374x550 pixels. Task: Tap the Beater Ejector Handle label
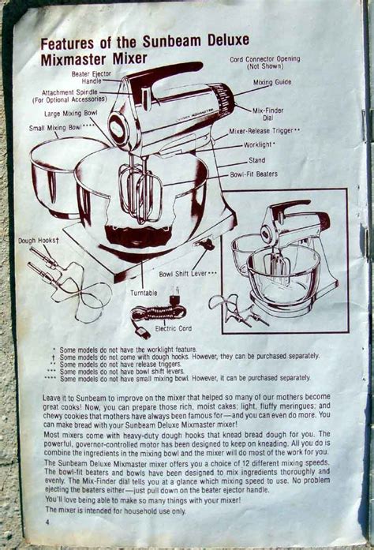tap(92, 77)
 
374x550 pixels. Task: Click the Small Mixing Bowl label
tap(62, 127)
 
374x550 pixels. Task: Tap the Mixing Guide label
tap(272, 82)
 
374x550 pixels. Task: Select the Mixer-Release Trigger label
tap(264, 131)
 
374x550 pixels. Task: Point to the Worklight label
tap(260, 145)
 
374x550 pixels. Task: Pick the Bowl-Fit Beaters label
tap(253, 174)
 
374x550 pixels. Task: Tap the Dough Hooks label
tap(39, 241)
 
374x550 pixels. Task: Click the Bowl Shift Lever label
tap(188, 274)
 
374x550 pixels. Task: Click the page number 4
tap(47, 522)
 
